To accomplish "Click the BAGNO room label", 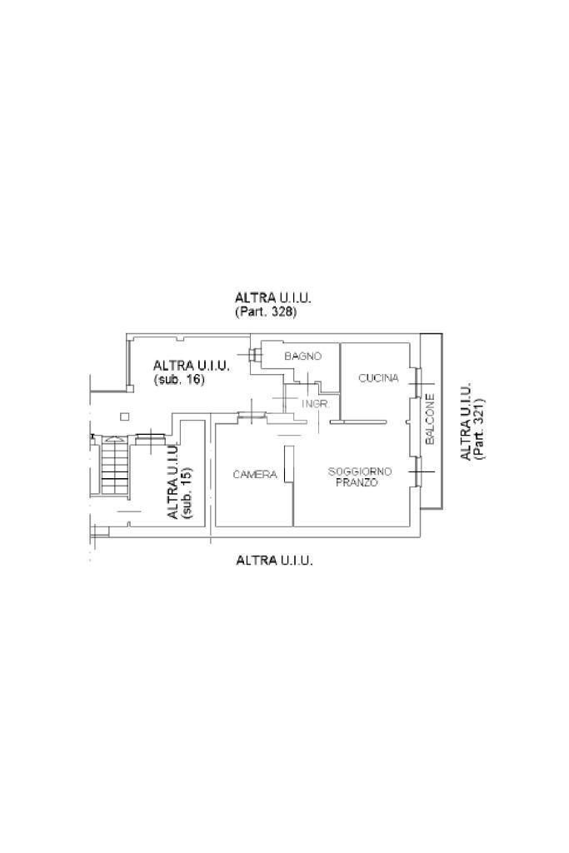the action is click(x=303, y=357).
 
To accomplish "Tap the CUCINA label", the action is click(x=378, y=377).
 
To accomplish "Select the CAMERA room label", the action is click(x=255, y=474).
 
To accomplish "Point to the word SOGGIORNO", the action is click(x=360, y=471).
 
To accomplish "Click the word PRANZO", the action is click(x=357, y=482).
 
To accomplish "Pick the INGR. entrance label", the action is click(x=314, y=404).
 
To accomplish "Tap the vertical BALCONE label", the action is click(x=430, y=419).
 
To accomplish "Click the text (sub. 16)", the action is click(x=179, y=380).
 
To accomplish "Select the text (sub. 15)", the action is click(x=187, y=492).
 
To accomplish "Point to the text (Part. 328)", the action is click(x=266, y=312).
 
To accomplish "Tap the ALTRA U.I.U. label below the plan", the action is click(x=274, y=561).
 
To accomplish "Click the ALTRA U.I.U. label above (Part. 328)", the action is click(x=272, y=298).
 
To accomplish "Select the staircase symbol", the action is click(x=115, y=466).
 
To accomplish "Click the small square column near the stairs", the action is click(x=125, y=417).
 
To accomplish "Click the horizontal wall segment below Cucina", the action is click(x=358, y=421).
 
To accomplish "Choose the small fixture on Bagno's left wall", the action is click(x=255, y=355).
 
